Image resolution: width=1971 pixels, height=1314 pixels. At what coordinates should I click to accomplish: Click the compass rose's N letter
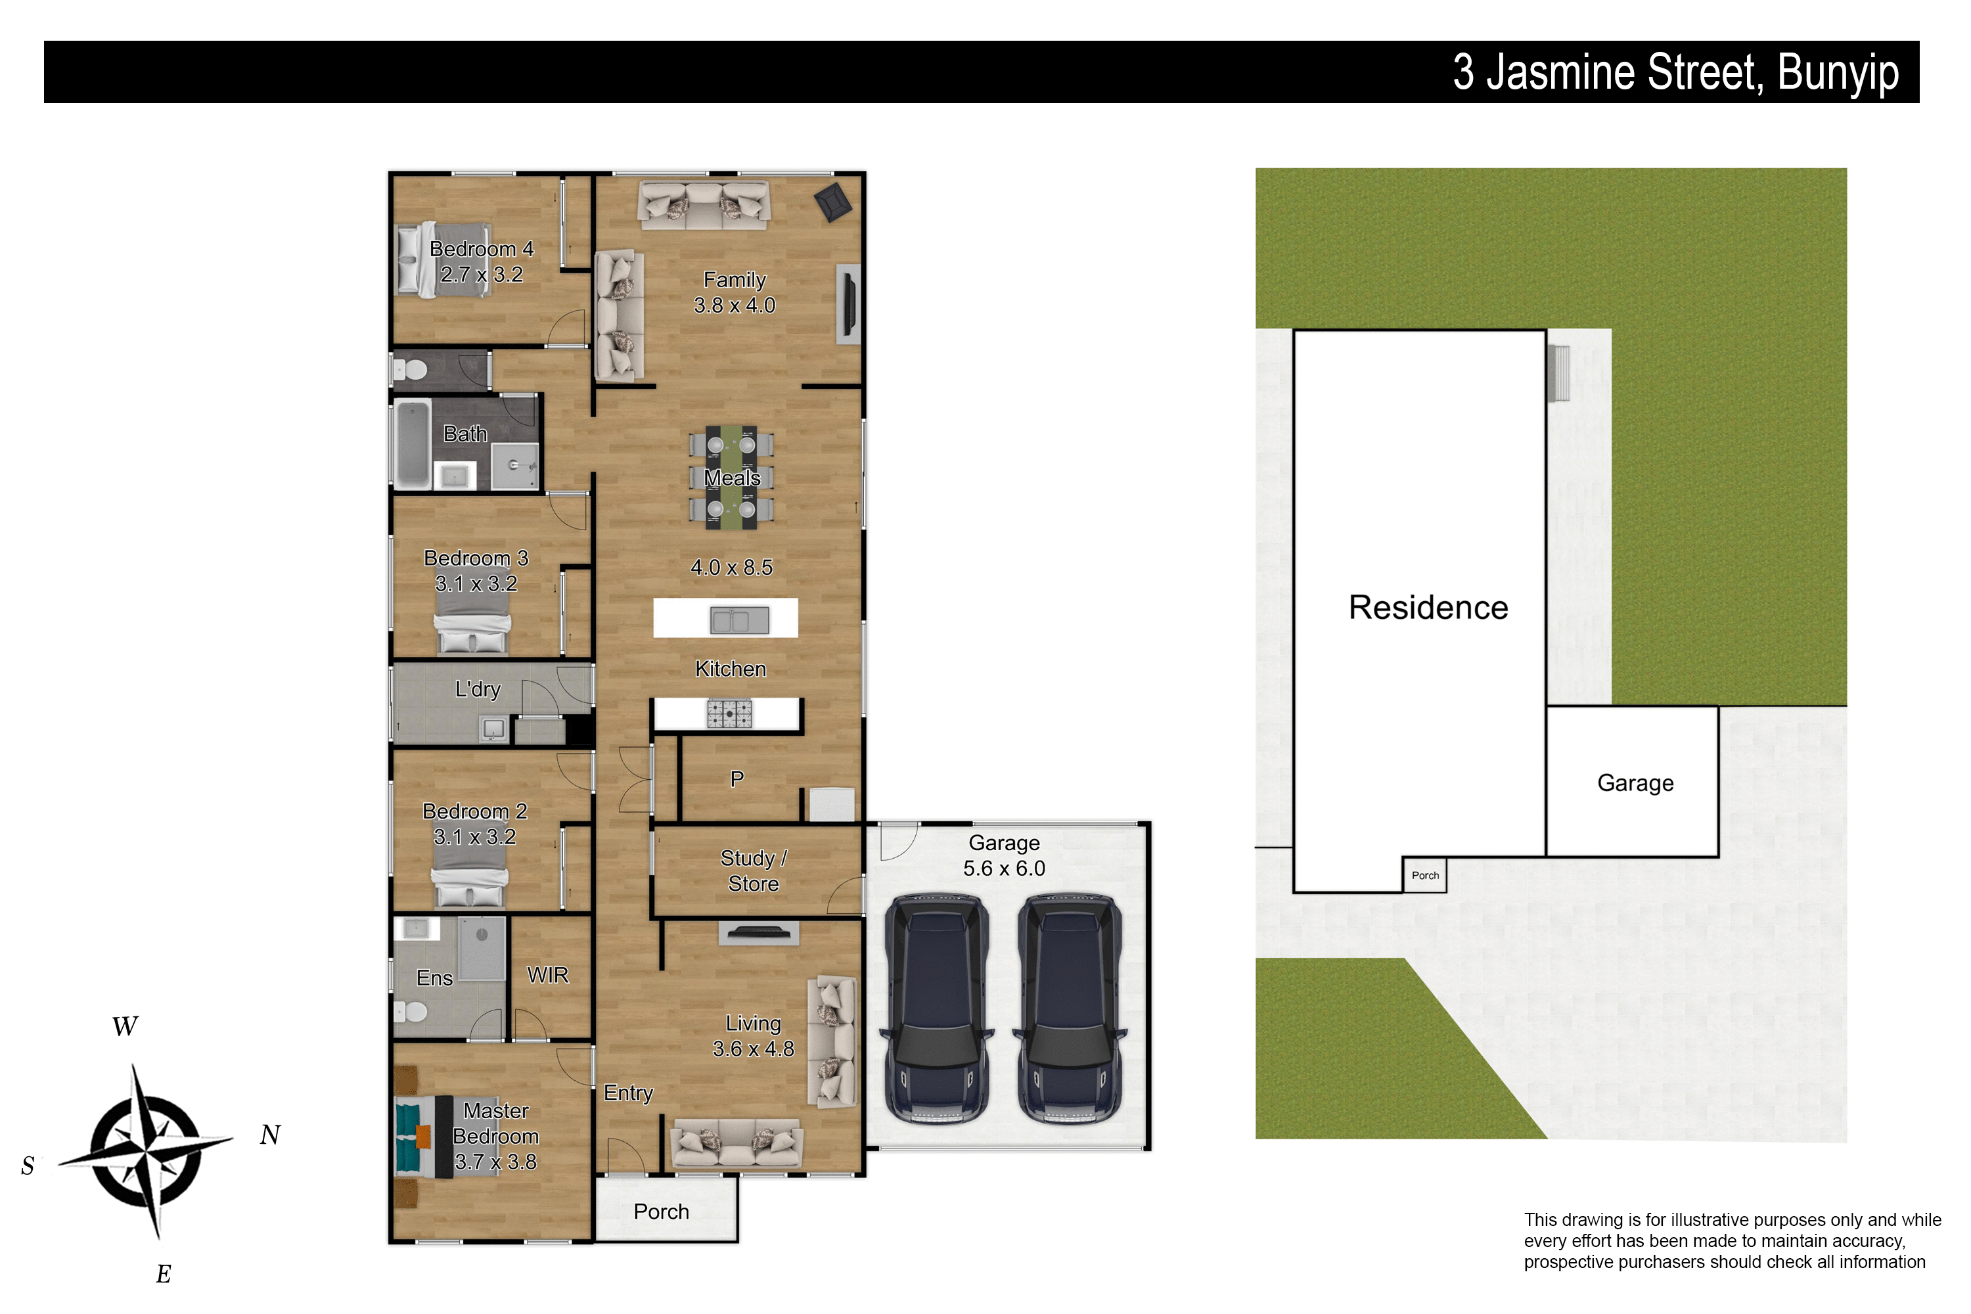[270, 1135]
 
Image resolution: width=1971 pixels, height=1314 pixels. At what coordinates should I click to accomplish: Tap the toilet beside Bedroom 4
[411, 369]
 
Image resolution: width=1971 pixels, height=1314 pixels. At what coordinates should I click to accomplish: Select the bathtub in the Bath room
[413, 444]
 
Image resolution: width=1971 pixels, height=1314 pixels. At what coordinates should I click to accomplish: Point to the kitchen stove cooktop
[729, 714]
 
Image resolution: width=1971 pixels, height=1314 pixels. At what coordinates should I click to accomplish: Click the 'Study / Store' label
[754, 871]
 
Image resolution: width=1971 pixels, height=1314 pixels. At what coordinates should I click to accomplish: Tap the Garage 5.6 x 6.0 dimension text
[1004, 868]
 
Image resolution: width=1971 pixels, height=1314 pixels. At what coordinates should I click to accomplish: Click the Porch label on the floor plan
[661, 1212]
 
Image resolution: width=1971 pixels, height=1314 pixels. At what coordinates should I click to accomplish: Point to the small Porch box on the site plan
[1424, 876]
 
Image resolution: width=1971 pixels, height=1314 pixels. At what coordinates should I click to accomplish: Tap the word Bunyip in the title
[1838, 74]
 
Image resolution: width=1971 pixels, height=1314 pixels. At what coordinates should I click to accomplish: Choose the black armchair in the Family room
[833, 202]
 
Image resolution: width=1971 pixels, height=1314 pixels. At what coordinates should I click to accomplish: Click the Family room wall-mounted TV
[848, 304]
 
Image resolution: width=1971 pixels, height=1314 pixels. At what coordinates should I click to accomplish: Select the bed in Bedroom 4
[443, 259]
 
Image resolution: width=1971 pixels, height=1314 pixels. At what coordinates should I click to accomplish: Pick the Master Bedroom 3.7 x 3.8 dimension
[495, 1162]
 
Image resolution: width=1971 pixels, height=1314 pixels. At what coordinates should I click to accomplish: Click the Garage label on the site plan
[1635, 782]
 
